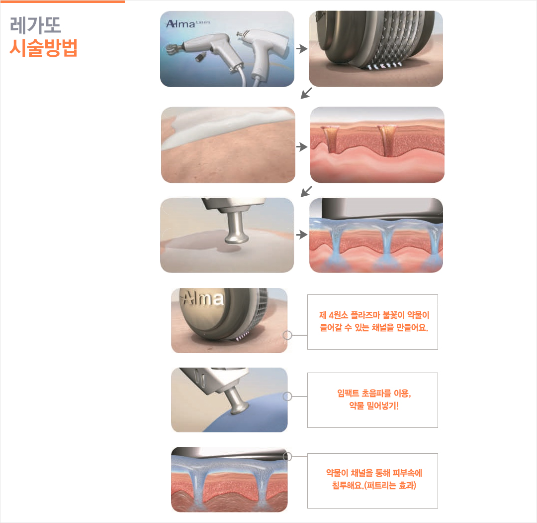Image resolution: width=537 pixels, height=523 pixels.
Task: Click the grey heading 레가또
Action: (x=36, y=25)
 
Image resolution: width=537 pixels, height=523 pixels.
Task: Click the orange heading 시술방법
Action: (x=43, y=47)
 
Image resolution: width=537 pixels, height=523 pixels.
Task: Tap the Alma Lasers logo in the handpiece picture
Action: (x=187, y=24)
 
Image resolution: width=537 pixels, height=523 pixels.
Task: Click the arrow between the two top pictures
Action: (x=302, y=48)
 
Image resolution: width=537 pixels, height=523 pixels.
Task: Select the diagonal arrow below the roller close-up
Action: (x=306, y=93)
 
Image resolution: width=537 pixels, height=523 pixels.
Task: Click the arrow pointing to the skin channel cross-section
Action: (x=302, y=147)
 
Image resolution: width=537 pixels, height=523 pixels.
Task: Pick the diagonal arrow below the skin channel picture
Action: (x=306, y=191)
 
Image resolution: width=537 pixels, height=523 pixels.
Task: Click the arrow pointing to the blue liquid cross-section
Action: (x=302, y=235)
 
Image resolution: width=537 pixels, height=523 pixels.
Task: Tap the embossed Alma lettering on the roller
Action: (x=203, y=298)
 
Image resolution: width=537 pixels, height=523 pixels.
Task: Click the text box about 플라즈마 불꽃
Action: (x=372, y=322)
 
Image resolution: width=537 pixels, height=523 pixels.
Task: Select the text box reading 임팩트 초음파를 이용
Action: (x=372, y=400)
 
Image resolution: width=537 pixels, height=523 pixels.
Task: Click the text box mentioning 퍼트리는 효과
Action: (x=372, y=481)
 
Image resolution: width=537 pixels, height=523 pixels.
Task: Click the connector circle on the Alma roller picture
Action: (x=287, y=335)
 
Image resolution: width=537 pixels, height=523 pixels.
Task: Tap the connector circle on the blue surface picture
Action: (x=287, y=396)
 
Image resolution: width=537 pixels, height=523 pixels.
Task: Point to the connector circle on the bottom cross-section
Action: (x=287, y=456)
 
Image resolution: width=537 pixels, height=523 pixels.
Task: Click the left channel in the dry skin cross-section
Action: (x=330, y=139)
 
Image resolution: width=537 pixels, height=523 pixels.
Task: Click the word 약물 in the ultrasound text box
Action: (x=357, y=406)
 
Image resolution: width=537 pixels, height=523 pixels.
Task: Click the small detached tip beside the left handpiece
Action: (x=201, y=57)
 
